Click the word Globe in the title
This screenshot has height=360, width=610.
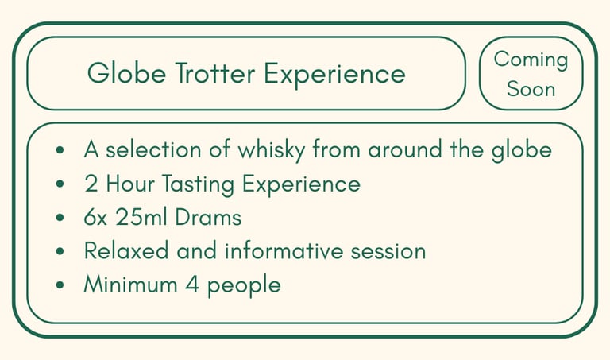point(126,73)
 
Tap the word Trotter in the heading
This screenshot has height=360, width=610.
point(215,73)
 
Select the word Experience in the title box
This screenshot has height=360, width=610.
point(334,75)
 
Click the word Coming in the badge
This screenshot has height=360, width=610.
point(531,60)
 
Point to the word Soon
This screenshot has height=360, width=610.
point(531,89)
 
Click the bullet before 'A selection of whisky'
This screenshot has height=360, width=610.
point(60,150)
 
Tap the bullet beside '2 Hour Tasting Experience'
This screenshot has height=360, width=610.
point(60,184)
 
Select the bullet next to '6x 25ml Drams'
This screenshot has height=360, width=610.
point(60,217)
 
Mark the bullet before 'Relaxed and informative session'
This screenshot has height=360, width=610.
point(60,251)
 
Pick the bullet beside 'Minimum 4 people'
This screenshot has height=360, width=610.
point(60,285)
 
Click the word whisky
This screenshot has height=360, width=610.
point(271,150)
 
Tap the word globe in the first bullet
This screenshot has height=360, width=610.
point(521,150)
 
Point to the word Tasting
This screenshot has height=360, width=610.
point(198,184)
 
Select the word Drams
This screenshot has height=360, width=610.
point(208,217)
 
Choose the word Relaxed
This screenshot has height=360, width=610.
point(126,250)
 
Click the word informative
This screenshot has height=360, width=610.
point(284,250)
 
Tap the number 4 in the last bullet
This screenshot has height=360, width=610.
point(192,285)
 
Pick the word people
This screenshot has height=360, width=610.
point(244,285)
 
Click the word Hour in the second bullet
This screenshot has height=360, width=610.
point(130,184)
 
